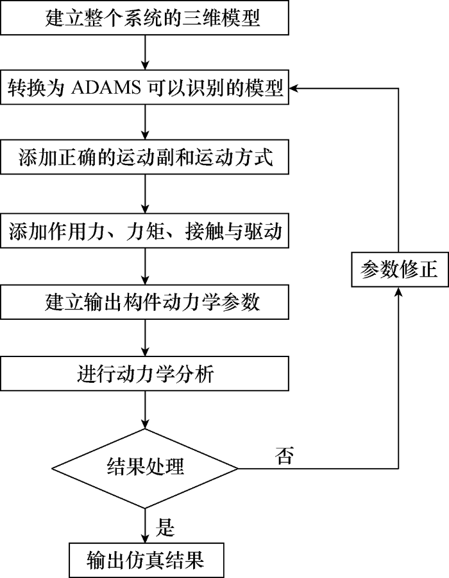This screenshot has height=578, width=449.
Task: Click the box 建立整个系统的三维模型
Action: [x=146, y=18]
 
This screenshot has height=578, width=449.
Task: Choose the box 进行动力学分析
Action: [x=146, y=374]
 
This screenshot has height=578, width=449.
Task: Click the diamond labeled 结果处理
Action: [x=146, y=467]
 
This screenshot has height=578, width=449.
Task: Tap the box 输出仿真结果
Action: [x=146, y=560]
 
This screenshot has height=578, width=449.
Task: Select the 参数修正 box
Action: [x=399, y=270]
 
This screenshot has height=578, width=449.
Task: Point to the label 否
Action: [x=285, y=457]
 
